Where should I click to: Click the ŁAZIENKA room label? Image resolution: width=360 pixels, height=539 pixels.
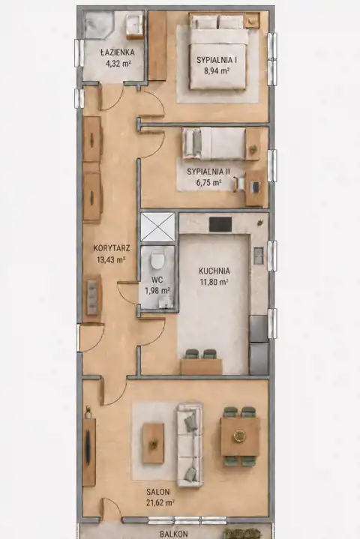click(117, 52)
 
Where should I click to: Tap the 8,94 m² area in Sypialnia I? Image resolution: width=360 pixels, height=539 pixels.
click(217, 71)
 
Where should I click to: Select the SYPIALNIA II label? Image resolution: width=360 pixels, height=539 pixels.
click(208, 172)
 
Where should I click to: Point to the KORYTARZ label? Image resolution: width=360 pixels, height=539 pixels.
click(112, 248)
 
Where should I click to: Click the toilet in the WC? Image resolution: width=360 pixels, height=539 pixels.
click(157, 260)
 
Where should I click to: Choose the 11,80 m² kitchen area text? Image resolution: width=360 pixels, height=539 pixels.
click(214, 282)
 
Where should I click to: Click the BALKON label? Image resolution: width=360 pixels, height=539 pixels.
click(174, 534)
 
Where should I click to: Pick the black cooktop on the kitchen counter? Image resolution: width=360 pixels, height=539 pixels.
click(220, 224)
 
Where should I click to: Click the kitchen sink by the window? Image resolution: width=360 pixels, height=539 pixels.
click(259, 256)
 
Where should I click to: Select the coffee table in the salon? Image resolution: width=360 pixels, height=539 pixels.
click(153, 443)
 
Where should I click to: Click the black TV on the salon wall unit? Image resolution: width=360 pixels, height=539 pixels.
click(88, 447)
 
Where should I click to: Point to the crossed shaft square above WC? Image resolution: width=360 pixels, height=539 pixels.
click(157, 227)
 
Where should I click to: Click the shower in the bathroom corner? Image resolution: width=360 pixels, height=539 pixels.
click(99, 25)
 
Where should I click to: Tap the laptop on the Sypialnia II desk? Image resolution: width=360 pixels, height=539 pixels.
click(256, 187)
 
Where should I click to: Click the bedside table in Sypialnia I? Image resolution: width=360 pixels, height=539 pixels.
click(253, 20)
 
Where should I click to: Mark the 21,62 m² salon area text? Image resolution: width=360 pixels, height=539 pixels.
click(160, 503)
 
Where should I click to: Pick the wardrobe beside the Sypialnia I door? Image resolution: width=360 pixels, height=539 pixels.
click(157, 46)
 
